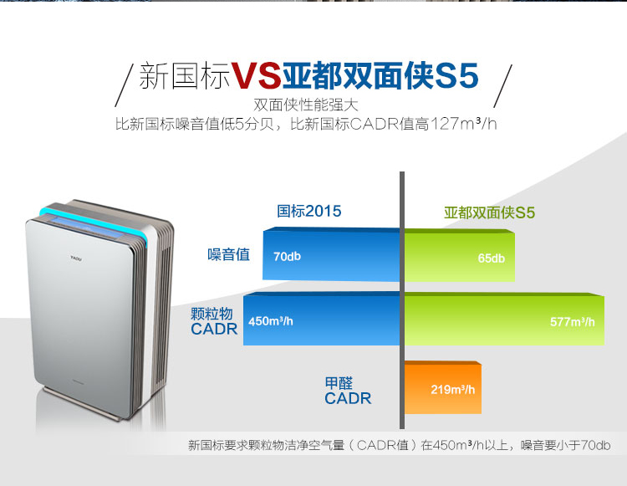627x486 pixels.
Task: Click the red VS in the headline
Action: tap(256, 75)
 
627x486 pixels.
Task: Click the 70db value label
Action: tap(287, 256)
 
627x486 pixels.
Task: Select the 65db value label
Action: tap(491, 258)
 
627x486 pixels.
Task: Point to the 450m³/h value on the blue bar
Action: tap(271, 321)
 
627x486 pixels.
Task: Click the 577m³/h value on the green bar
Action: tap(572, 322)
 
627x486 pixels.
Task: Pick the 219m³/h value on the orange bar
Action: tap(452, 389)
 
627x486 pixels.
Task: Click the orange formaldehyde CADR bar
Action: tap(443, 387)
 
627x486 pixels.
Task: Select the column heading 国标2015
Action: tap(309, 211)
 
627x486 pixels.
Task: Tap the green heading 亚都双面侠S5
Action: tap(489, 212)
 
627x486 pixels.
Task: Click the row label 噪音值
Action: tap(228, 254)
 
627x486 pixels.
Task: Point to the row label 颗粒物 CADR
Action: tap(214, 321)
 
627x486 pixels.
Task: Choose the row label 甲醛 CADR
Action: tap(348, 391)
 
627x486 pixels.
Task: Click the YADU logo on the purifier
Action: tap(76, 258)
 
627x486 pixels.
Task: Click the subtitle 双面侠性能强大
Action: tap(306, 105)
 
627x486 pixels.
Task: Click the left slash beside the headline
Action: tap(125, 85)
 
